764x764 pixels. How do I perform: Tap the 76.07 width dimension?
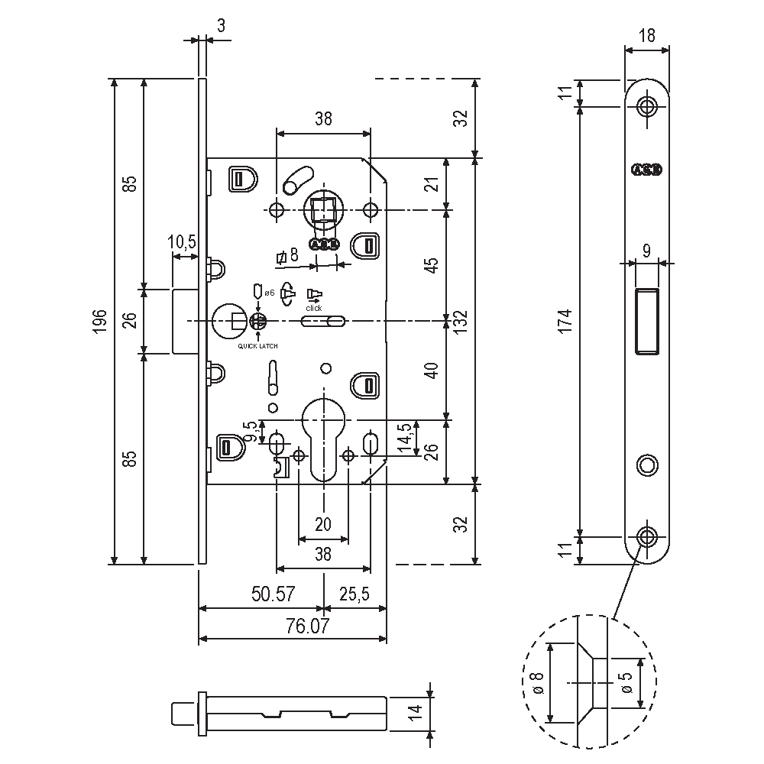click(303, 626)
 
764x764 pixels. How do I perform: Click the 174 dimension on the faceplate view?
click(565, 321)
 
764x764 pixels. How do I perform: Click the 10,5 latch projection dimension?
click(182, 242)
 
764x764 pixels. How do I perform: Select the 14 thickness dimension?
click(415, 711)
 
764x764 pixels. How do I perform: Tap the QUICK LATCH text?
click(258, 347)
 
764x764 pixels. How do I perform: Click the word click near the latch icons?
click(314, 308)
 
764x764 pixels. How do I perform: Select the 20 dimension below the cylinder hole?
click(323, 524)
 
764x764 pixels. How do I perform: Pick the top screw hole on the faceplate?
click(648, 106)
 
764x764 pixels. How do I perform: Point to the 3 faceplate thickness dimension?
click(221, 25)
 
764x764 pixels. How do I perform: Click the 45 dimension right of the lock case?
click(432, 265)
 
